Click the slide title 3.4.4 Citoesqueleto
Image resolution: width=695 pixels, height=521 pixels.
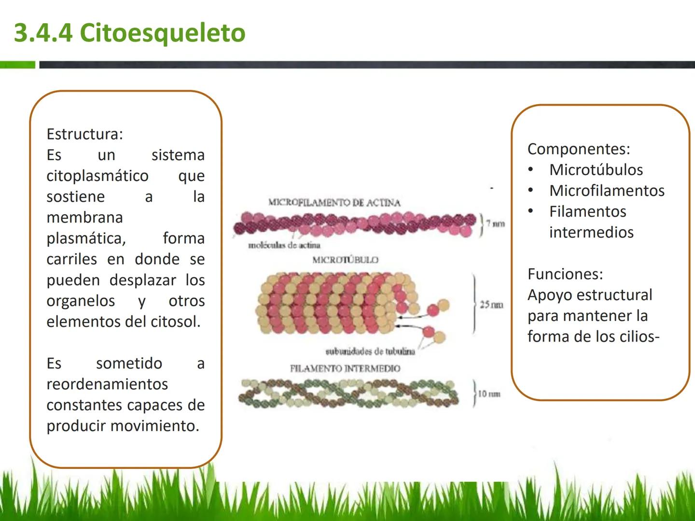[129, 33]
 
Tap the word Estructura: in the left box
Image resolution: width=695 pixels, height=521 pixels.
[84, 134]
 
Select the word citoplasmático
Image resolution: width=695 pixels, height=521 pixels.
[97, 176]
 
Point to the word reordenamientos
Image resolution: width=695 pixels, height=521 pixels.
[107, 384]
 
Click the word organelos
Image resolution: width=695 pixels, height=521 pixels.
[81, 301]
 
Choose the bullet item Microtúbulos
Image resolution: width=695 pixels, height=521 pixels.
[596, 170]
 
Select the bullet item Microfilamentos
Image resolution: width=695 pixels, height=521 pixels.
[607, 191]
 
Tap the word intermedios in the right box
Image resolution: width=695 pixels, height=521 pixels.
[591, 233]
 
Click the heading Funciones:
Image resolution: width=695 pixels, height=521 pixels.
[565, 274]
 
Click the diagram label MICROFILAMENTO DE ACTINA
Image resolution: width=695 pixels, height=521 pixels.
[334, 203]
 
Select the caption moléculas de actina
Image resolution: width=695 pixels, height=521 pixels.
[284, 245]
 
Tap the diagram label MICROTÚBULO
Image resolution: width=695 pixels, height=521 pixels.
[346, 260]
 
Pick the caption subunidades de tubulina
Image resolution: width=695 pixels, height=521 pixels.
[370, 352]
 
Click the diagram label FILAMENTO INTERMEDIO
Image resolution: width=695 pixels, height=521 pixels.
[345, 369]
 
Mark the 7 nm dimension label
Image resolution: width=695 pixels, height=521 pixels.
[496, 224]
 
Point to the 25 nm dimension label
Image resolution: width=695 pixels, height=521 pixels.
[491, 304]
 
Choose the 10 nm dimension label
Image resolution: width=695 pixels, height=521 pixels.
[489, 394]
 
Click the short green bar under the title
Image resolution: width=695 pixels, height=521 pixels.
[17, 65]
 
